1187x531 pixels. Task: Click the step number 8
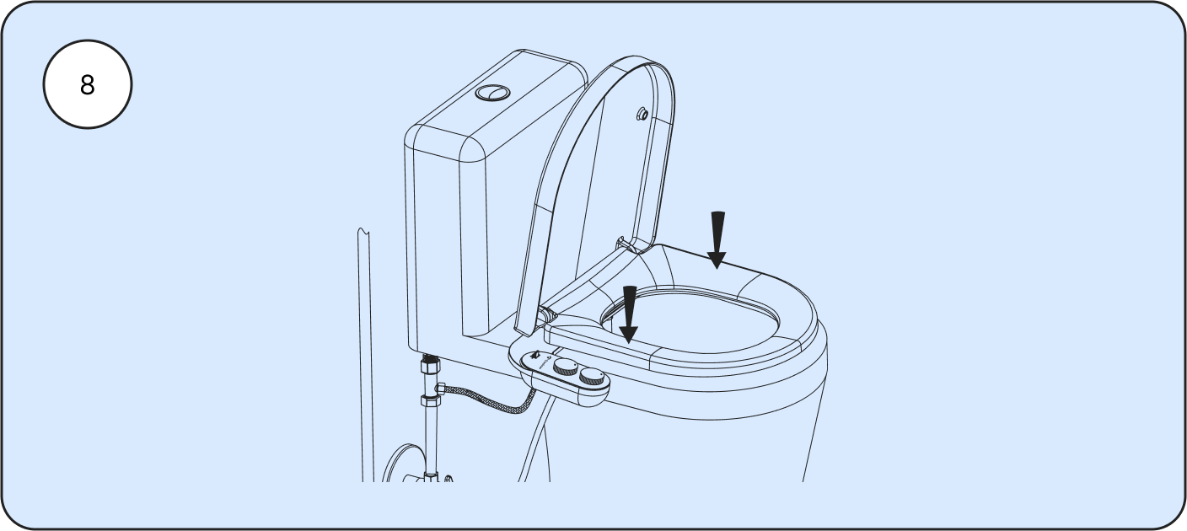(x=88, y=85)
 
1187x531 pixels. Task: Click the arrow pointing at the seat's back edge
(x=717, y=240)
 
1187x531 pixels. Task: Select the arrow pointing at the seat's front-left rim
(x=629, y=314)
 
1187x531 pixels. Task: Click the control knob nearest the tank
(x=567, y=366)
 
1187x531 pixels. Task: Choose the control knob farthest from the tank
(x=592, y=377)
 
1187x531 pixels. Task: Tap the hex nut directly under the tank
(x=431, y=365)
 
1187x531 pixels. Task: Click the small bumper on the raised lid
(x=642, y=114)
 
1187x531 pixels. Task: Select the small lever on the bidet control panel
(x=534, y=355)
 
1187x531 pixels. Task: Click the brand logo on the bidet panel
(x=543, y=366)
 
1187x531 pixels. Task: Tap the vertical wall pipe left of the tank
(x=366, y=354)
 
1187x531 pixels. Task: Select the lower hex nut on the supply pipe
(x=430, y=400)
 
